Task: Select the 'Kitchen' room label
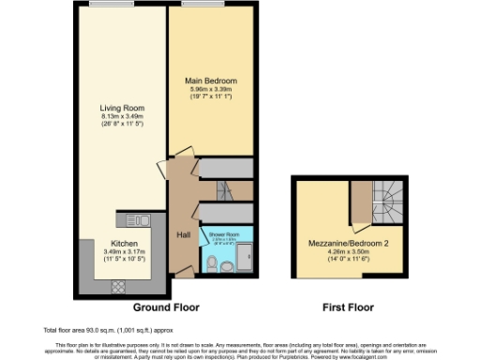point(118,242)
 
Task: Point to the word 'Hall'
point(184,235)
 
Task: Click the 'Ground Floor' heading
point(165,307)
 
